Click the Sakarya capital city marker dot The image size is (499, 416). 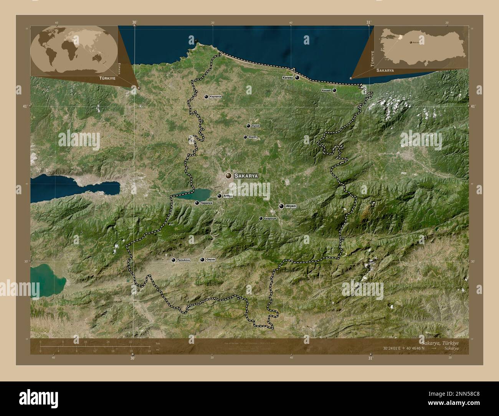[229, 175]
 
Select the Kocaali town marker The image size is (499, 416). [334, 91]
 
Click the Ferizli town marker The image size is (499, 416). [248, 126]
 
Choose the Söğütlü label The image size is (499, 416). [253, 137]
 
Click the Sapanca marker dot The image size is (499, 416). [197, 203]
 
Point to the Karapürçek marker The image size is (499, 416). [261, 218]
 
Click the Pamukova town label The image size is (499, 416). [183, 260]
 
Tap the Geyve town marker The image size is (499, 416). [202, 260]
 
